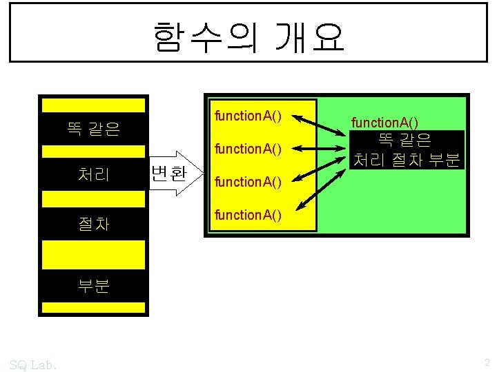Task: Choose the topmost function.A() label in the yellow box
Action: (x=248, y=115)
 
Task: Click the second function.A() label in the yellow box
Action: (x=248, y=148)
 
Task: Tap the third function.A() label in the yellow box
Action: (x=248, y=182)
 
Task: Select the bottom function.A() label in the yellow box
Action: (x=248, y=214)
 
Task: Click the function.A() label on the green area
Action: (x=384, y=123)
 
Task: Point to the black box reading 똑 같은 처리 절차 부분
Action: (x=405, y=150)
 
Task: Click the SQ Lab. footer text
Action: (x=34, y=363)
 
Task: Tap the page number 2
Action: (x=486, y=362)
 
